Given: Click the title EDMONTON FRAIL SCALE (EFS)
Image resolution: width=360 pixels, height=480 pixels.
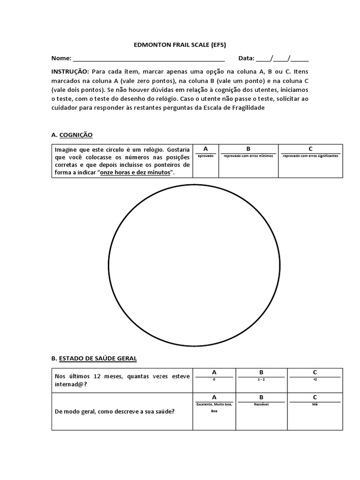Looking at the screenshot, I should (180, 45).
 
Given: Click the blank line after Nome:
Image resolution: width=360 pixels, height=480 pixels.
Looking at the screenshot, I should (149, 59).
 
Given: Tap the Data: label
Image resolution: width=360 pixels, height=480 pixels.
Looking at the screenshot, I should (246, 59).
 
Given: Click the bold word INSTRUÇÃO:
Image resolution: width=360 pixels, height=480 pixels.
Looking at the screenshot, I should (70, 71).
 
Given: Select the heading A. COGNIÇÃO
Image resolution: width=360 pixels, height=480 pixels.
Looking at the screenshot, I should (72, 135).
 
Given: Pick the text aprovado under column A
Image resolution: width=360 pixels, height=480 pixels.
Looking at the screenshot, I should (205, 156).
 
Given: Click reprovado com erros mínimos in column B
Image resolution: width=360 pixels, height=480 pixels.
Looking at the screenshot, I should (248, 156).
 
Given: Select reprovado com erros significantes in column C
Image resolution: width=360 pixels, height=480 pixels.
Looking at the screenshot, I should (310, 156).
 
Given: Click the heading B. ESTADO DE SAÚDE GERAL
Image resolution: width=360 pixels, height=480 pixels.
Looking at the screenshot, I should (94, 359).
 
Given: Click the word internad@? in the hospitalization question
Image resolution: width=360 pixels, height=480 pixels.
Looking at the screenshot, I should (70, 384).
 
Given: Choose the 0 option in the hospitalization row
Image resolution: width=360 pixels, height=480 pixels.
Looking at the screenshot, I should (214, 380).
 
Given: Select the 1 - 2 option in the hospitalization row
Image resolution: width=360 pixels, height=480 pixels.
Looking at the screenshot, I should (261, 380).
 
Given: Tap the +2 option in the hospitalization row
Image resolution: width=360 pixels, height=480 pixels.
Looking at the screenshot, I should (315, 380).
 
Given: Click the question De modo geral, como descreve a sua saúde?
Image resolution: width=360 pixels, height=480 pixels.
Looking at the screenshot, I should (115, 412).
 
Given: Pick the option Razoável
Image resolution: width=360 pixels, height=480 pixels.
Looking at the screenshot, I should (261, 404).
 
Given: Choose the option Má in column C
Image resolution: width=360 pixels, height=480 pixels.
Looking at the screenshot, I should (315, 404).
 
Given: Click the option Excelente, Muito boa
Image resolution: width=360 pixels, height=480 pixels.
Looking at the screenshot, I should (214, 404).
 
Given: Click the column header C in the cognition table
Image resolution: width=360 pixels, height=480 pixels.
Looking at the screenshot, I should (310, 149).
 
